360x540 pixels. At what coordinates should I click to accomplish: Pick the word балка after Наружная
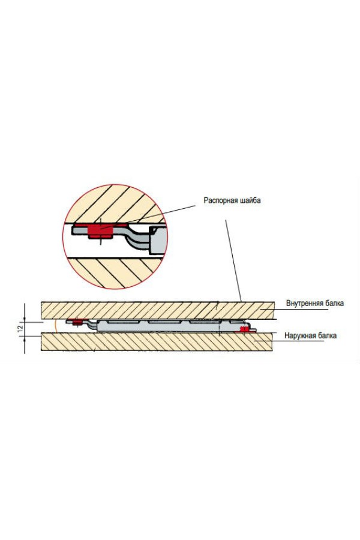point(326,336)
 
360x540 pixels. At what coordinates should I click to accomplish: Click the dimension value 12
point(19,328)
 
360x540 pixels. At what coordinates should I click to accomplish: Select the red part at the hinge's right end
point(244,329)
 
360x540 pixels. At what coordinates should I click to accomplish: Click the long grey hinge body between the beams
point(162,325)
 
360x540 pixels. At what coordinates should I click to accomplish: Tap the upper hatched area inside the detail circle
point(114,204)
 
